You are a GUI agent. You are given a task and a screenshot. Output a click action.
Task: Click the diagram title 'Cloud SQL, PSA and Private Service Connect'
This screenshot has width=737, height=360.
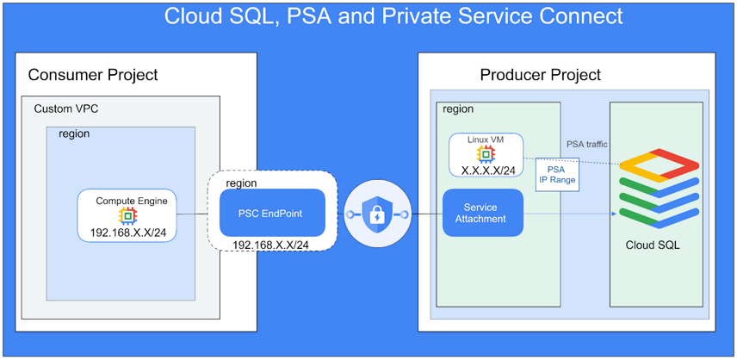point(393,16)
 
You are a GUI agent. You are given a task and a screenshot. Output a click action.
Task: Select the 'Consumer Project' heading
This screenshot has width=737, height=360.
point(93,75)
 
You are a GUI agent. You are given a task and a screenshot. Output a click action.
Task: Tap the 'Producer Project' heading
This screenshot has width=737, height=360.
point(540,75)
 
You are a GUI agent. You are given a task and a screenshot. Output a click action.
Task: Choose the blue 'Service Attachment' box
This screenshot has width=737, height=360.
point(484,214)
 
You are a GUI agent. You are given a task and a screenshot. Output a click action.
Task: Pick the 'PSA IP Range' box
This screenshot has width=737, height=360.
point(556,175)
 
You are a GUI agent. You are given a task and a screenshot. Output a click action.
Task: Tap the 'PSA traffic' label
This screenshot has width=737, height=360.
point(587,144)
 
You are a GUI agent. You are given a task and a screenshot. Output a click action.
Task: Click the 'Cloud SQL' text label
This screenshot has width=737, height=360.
point(652,245)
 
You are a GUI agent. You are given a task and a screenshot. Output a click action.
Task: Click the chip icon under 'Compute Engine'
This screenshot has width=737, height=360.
point(127,216)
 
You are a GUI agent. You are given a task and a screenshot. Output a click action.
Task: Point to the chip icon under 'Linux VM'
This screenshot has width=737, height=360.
point(486,154)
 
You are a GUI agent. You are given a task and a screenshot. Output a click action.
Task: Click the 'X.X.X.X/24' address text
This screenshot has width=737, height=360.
point(488,170)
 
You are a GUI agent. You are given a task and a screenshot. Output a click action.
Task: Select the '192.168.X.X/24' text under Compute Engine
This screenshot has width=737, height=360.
point(127,233)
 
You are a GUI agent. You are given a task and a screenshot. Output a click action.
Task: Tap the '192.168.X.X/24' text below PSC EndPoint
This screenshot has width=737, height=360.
point(270,245)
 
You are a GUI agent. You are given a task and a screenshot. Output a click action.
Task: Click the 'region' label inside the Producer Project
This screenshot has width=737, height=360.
point(458,109)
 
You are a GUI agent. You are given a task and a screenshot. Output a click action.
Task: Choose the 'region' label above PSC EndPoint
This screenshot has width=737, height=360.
point(241,183)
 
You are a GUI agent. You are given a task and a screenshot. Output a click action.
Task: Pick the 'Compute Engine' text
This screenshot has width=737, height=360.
point(131,201)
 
